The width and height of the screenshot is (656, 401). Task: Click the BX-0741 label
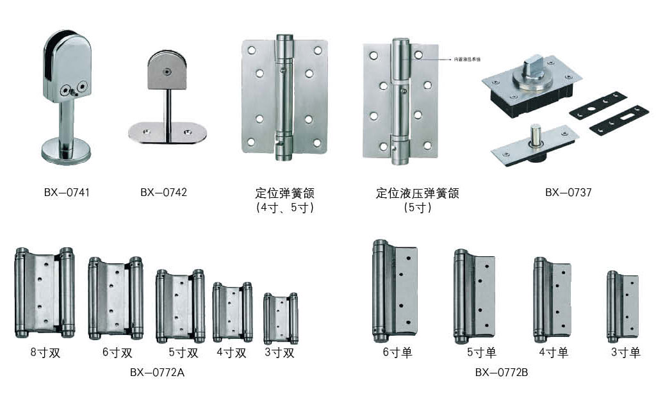coord(66,192)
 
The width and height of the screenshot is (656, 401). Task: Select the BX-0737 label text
coord(568,192)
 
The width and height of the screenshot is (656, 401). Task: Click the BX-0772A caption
coord(157,372)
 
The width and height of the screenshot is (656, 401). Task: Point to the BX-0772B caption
coord(501,372)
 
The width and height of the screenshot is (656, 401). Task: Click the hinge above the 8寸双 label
coord(44,292)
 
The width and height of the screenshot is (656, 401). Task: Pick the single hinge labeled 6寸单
coord(394,291)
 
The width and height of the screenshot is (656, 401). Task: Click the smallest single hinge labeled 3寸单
coord(623,306)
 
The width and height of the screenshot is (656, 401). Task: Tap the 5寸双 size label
coord(183,352)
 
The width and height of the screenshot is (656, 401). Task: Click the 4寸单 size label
coord(553,352)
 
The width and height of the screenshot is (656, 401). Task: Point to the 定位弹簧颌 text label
coord(284,193)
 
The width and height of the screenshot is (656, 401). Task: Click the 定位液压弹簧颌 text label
coord(417,193)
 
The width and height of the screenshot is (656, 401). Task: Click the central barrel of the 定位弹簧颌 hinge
coord(283,96)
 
